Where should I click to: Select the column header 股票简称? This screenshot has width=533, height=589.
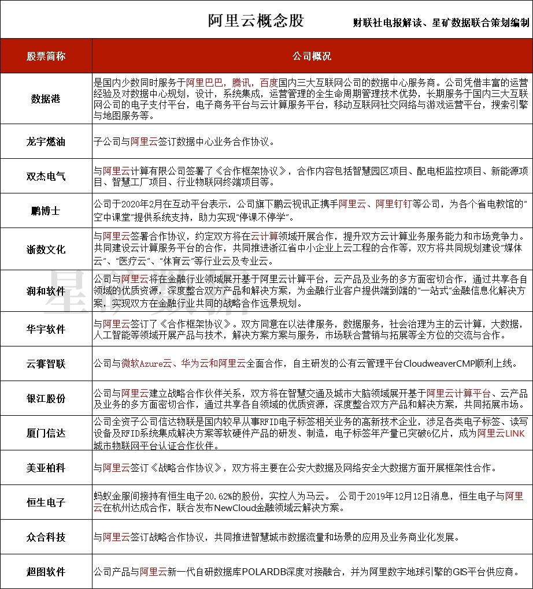(x=46, y=57)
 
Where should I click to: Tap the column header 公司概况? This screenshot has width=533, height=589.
(x=312, y=57)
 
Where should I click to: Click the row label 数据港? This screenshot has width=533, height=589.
(x=46, y=99)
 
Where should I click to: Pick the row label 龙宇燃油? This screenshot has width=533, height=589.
(x=46, y=141)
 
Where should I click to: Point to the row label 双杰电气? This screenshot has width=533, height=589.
(x=46, y=176)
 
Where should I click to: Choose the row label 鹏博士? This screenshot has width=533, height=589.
(x=46, y=211)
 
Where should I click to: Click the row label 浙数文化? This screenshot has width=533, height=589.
(x=46, y=250)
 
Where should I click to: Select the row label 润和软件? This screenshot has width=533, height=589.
(x=46, y=290)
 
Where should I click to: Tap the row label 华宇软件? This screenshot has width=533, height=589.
(x=46, y=329)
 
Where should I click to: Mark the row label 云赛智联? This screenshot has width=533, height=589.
(x=46, y=364)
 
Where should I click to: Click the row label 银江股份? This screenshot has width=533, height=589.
(x=46, y=398)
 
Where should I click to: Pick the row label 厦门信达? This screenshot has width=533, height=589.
(x=46, y=433)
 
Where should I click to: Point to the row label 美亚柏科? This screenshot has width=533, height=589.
(x=46, y=468)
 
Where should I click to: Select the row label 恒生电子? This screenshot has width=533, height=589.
(x=46, y=502)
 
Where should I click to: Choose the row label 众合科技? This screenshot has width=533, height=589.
(x=46, y=537)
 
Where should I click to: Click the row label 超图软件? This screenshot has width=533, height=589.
(x=46, y=572)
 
